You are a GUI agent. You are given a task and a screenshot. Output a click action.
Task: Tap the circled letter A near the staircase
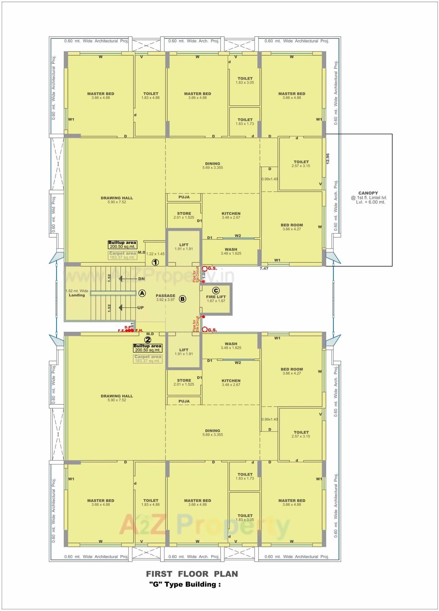click(x=142, y=293)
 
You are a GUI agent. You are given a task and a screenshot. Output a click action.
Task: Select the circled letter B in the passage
click(x=183, y=299)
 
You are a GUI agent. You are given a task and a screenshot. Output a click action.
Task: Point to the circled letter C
click(x=216, y=291)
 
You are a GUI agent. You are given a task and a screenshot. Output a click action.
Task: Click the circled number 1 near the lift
click(x=155, y=262)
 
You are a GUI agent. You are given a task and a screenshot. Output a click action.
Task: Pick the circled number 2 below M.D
click(x=148, y=340)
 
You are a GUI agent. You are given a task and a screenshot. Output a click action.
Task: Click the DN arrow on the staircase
click(x=130, y=279)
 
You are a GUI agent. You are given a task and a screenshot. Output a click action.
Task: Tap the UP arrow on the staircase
click(x=130, y=308)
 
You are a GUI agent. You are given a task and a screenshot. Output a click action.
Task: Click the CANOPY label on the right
click(x=368, y=193)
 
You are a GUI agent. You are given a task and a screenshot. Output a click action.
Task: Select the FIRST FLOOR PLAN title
click(x=192, y=574)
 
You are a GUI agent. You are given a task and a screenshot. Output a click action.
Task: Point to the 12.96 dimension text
click(x=328, y=159)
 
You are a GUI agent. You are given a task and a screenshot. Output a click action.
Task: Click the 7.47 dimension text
click(x=264, y=269)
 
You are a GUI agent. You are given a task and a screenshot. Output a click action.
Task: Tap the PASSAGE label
click(x=165, y=296)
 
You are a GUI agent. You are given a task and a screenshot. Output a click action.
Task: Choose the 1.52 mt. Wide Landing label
click(x=77, y=293)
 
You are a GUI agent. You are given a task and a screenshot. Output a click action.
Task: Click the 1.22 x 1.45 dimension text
click(x=155, y=254)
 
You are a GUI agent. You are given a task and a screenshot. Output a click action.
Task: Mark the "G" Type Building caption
click(x=185, y=585)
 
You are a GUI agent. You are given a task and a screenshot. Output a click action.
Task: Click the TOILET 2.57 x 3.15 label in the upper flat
click(x=301, y=164)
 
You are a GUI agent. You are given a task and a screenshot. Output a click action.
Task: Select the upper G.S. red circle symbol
click(x=205, y=269)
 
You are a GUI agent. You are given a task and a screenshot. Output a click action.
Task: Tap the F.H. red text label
click(x=139, y=330)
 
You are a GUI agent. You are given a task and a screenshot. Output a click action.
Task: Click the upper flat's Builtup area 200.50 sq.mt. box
click(x=122, y=245)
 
